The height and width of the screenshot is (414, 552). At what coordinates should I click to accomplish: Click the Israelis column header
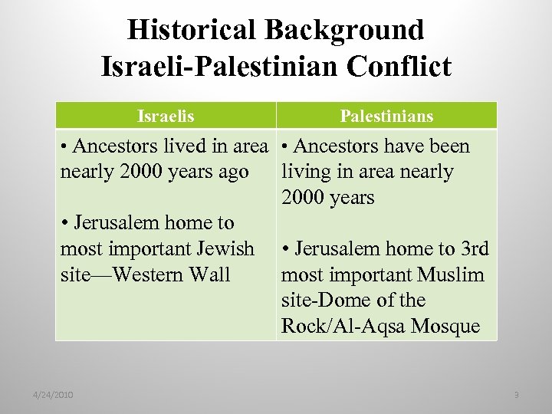click(166, 117)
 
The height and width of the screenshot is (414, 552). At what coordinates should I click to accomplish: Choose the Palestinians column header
click(386, 117)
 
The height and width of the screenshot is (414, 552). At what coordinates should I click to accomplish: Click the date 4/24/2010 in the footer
click(53, 395)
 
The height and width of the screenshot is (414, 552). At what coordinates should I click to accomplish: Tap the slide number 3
click(516, 395)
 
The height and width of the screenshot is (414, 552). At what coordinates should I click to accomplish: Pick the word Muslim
click(452, 274)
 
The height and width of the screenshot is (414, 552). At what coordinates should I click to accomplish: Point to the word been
click(448, 146)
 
